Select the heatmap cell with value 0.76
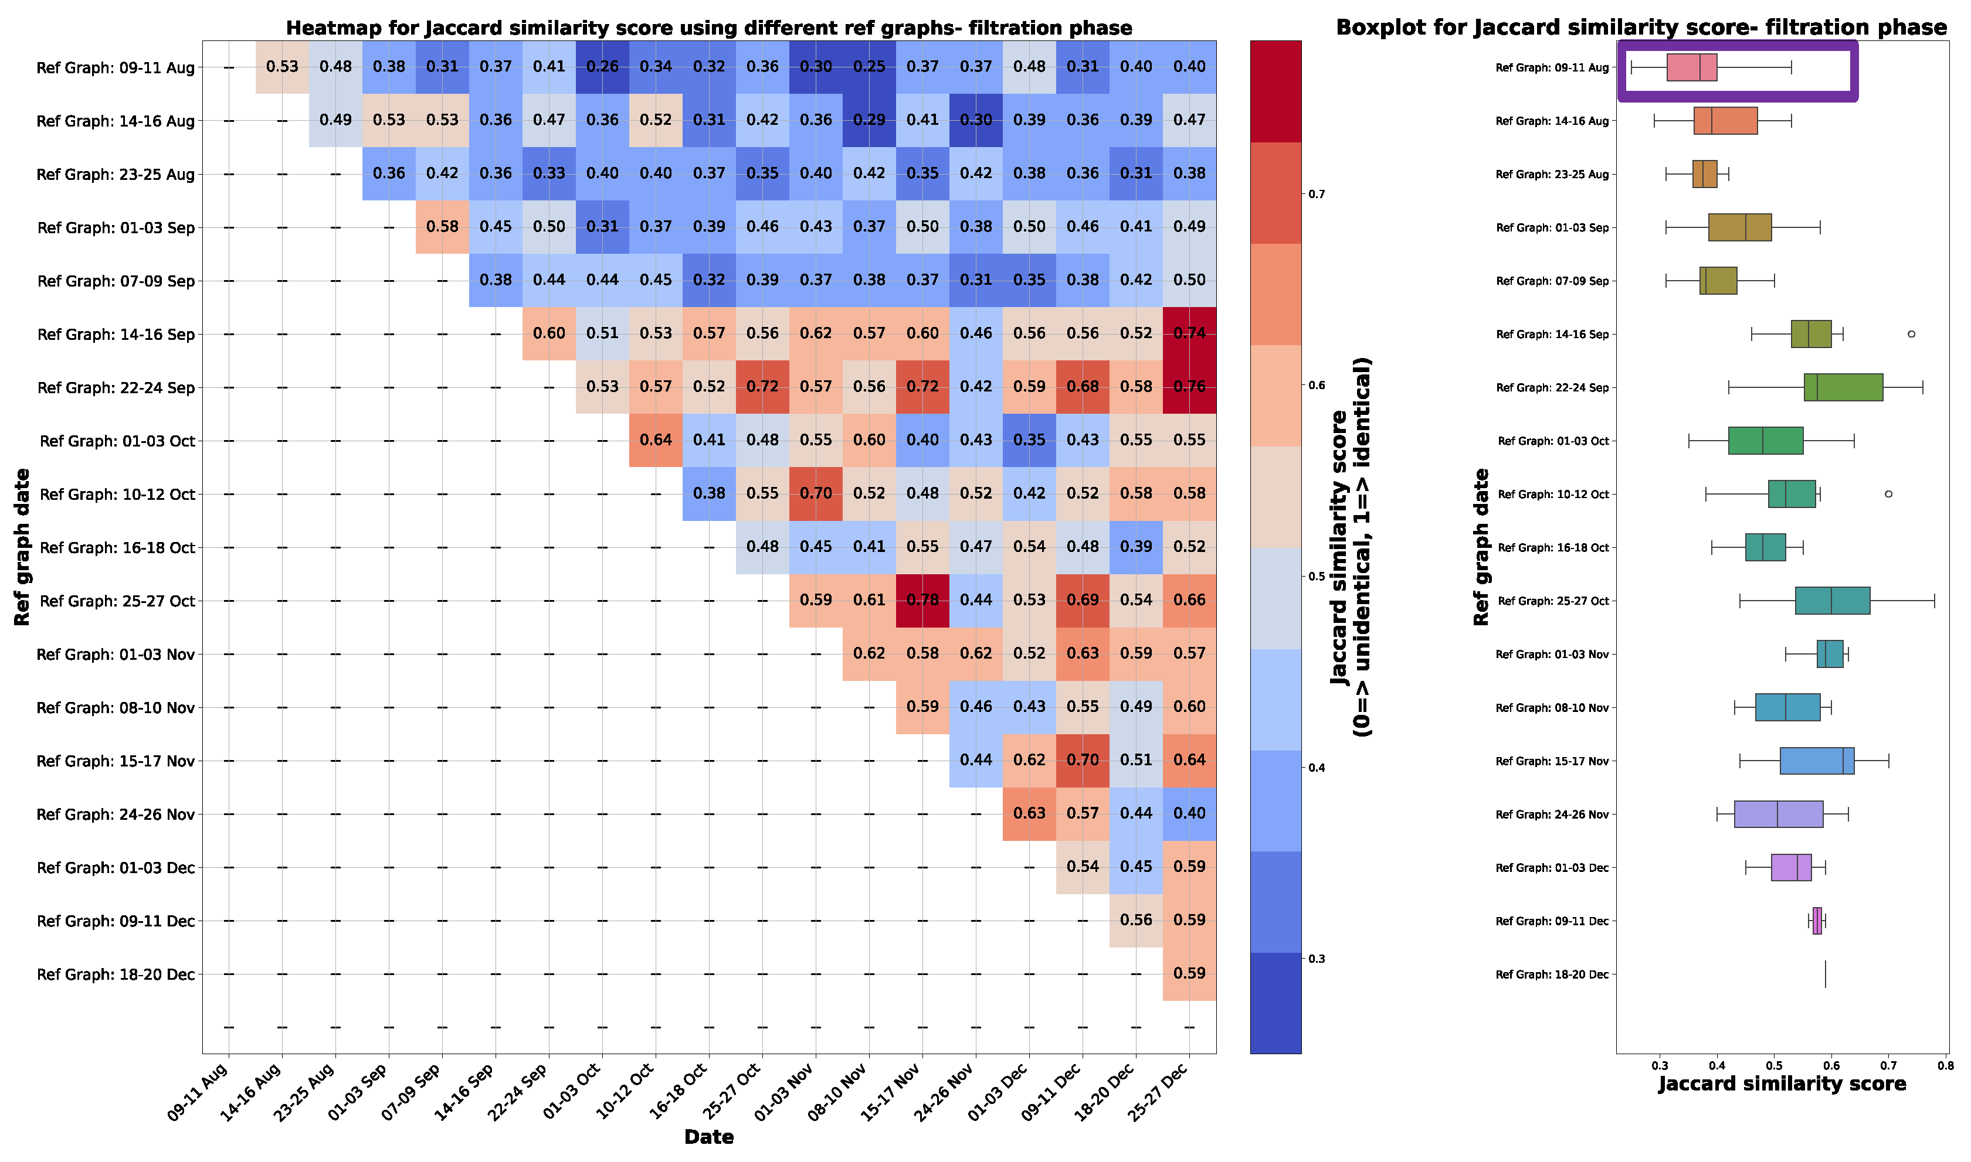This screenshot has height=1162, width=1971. (1189, 387)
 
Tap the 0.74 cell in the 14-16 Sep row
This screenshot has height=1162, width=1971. (1189, 333)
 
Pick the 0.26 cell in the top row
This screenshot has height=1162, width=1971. (602, 67)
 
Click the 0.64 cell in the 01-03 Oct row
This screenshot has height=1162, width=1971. (656, 440)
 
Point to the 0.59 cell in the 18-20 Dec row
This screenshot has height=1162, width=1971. (1189, 973)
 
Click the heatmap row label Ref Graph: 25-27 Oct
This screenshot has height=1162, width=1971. (117, 601)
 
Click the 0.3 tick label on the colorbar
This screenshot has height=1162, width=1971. (1317, 959)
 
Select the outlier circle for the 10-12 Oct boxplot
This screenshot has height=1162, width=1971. (1889, 494)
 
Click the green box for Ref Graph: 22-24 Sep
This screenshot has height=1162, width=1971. (1843, 387)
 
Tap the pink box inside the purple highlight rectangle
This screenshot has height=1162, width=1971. (1692, 68)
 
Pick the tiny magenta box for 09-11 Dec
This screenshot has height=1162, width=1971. (1817, 921)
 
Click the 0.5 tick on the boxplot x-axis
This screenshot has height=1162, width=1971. (1775, 1066)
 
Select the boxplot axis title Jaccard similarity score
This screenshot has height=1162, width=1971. (1782, 1085)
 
